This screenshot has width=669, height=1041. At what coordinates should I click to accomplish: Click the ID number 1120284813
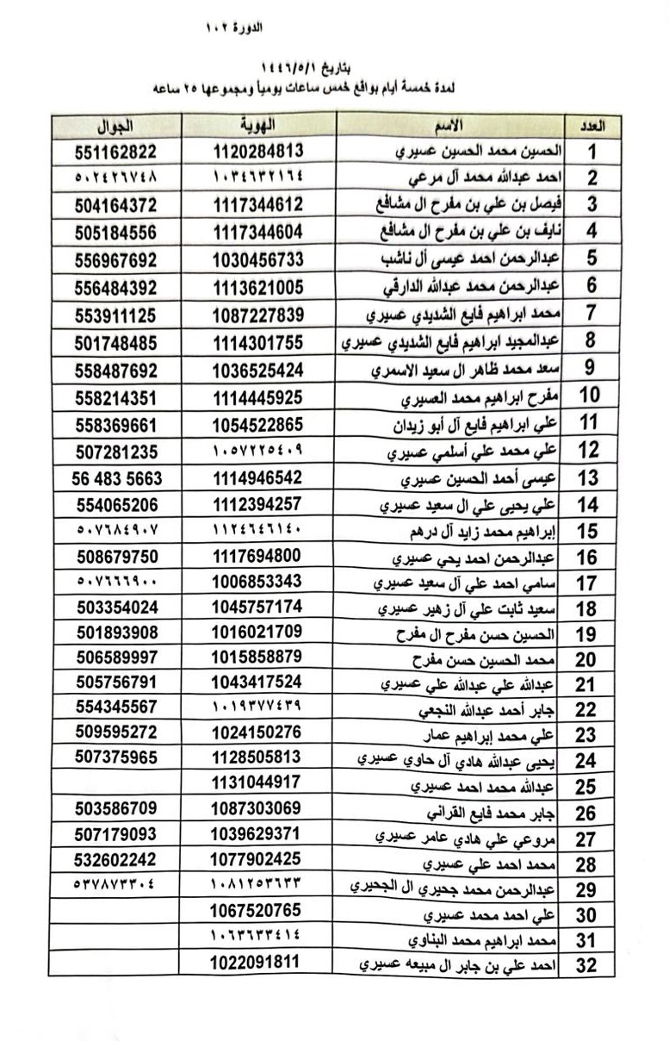(x=257, y=151)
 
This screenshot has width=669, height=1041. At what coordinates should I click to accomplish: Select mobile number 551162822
(x=116, y=151)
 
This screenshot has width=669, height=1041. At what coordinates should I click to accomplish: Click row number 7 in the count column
(x=591, y=314)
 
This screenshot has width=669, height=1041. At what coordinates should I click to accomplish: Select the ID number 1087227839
(x=257, y=315)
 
